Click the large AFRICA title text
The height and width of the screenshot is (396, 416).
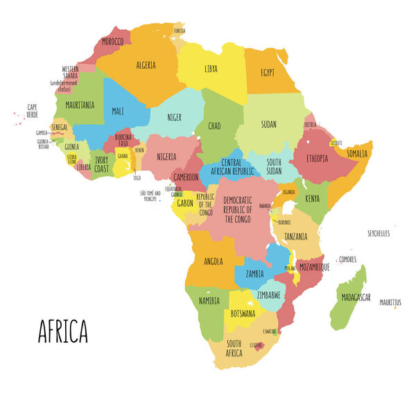[x=62, y=332]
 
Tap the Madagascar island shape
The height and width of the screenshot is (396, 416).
[x=349, y=298]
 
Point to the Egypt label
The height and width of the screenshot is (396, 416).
[x=267, y=72]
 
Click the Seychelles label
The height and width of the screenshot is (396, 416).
[x=379, y=234]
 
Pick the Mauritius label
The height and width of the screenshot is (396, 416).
[x=390, y=302]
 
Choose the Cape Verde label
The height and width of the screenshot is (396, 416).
[x=32, y=110]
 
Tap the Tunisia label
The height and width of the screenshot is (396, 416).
[x=179, y=31]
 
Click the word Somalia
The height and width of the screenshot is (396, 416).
[x=357, y=153]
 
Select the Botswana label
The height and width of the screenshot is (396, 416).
[x=243, y=313]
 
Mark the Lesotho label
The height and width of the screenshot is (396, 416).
[x=256, y=345]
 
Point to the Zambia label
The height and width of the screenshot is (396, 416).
[x=254, y=274]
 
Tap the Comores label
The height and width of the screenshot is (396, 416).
[x=347, y=259]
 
